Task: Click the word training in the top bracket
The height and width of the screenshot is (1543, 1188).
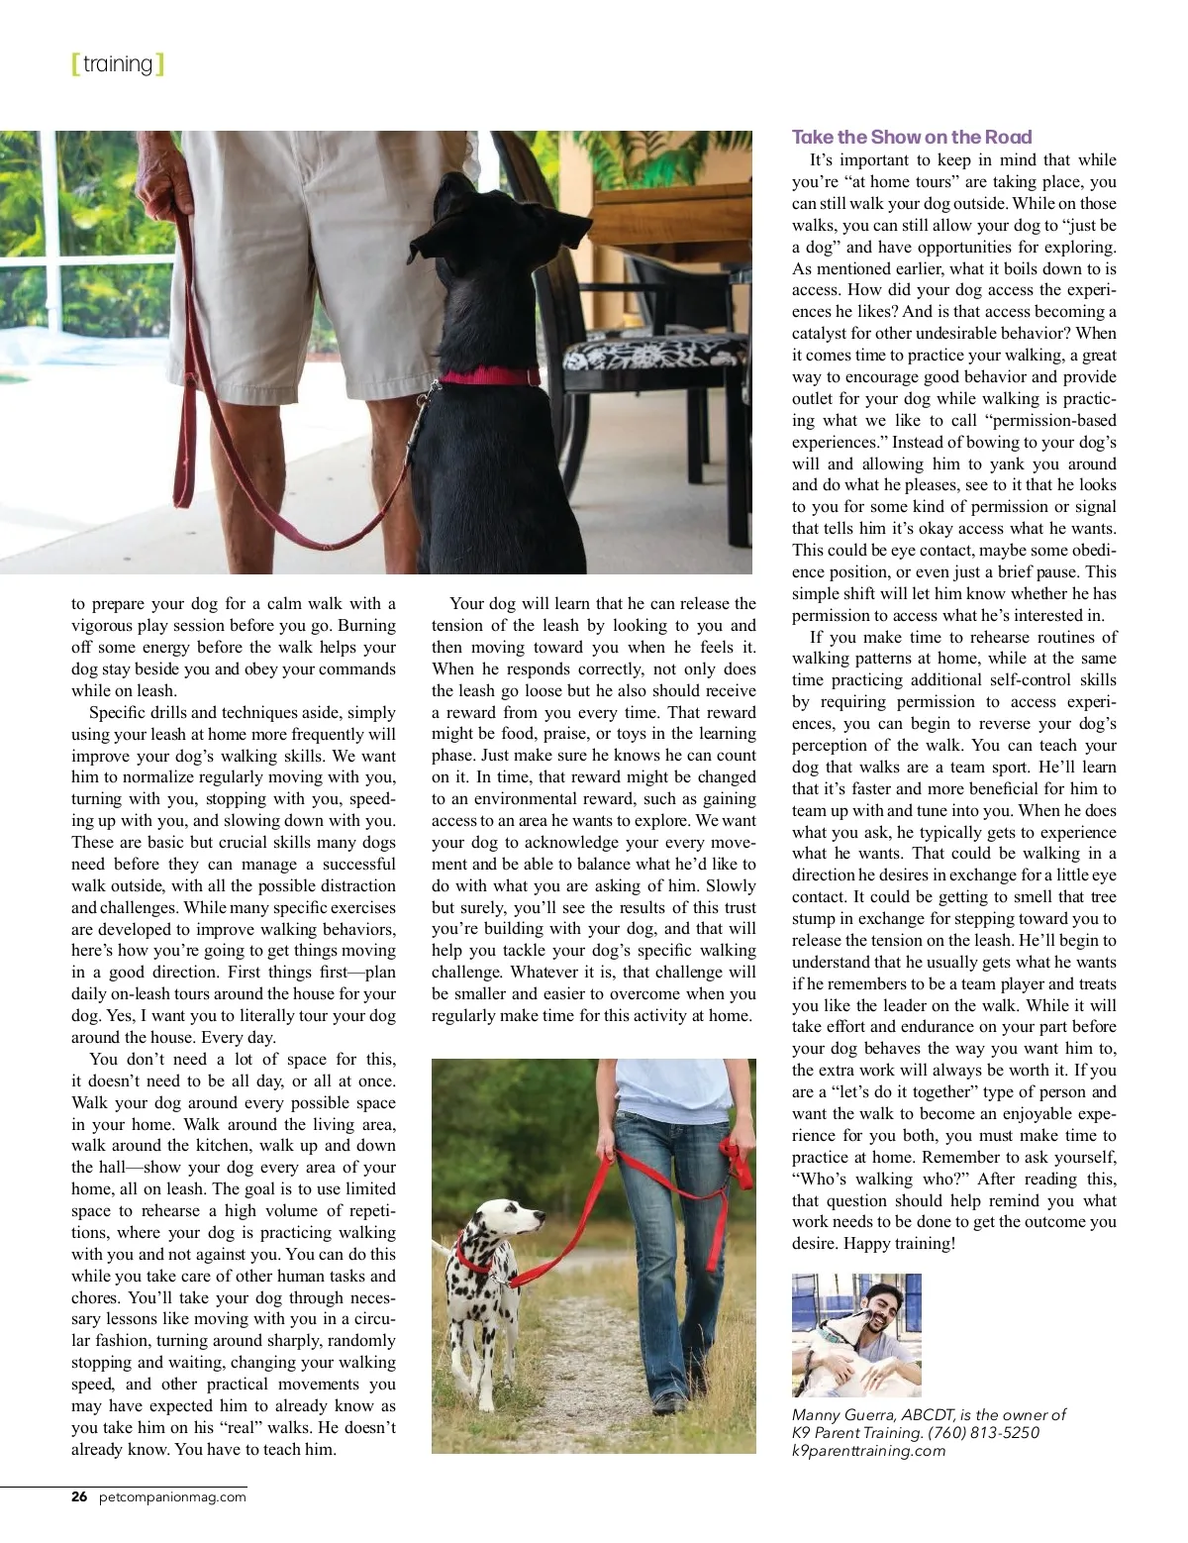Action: (118, 64)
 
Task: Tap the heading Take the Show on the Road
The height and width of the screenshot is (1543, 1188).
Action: (911, 138)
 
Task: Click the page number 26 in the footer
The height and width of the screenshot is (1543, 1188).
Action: (79, 1496)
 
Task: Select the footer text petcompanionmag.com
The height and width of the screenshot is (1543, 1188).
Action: (172, 1496)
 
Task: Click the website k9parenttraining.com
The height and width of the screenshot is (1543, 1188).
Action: (868, 1451)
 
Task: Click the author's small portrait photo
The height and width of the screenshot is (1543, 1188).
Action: (856, 1335)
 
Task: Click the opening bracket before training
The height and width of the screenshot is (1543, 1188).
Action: (75, 64)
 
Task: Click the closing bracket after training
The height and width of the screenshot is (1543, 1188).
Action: (160, 64)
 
